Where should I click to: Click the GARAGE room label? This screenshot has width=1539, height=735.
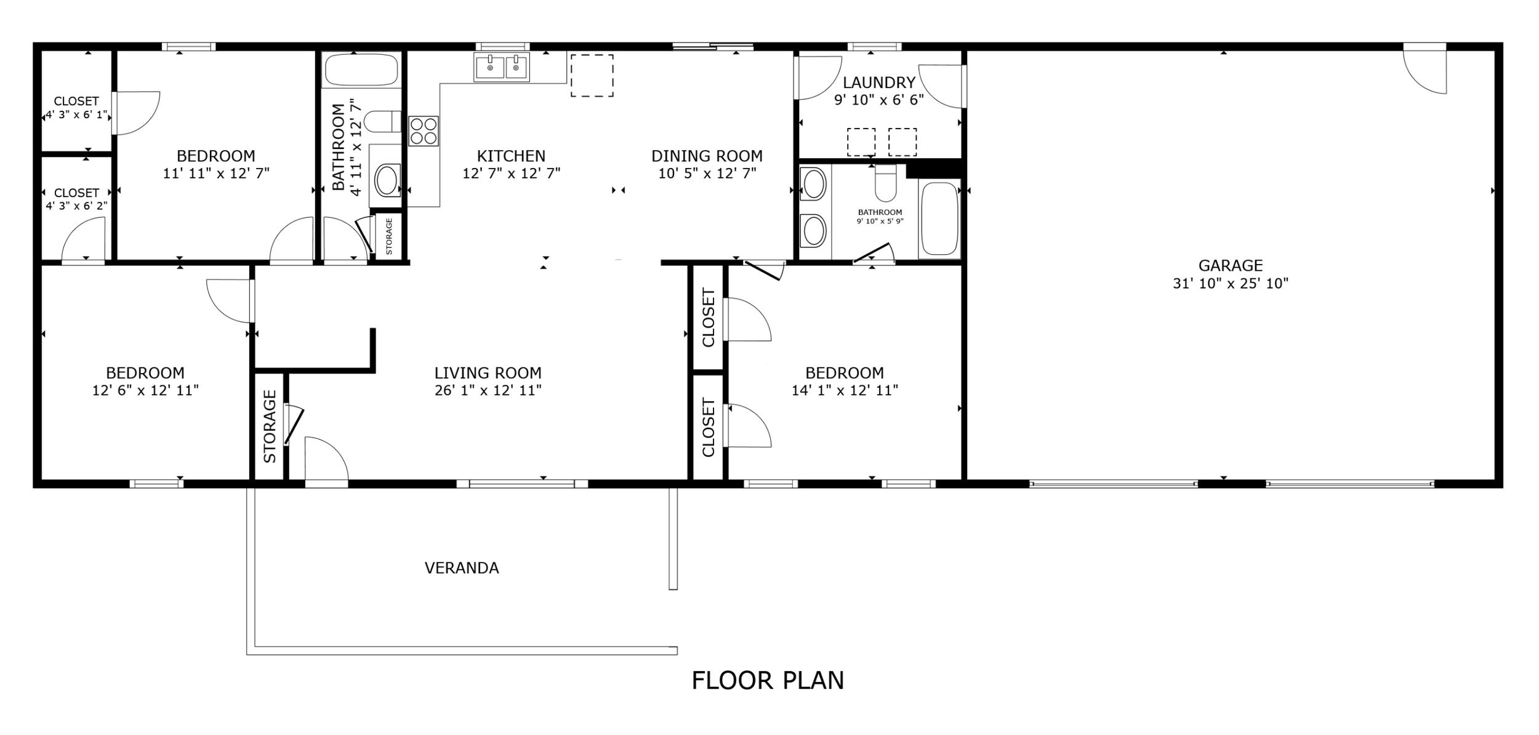(1230, 265)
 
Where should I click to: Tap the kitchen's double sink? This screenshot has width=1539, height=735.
(501, 66)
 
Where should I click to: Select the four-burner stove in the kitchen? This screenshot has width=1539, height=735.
(424, 131)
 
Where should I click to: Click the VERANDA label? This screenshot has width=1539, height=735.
(462, 568)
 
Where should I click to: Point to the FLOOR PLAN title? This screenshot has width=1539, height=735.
(768, 681)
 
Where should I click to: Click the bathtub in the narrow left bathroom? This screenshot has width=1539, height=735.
(361, 70)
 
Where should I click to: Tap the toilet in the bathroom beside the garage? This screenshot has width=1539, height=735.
(885, 183)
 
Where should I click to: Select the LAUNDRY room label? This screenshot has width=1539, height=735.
(878, 82)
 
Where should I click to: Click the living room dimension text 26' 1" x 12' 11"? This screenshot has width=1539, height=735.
(488, 390)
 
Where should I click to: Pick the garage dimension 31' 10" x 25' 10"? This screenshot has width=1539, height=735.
(1230, 284)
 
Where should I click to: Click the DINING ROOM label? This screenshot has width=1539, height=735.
(707, 156)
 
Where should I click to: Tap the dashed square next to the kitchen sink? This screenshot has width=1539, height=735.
(592, 76)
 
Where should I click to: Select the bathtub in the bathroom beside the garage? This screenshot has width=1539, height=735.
(939, 219)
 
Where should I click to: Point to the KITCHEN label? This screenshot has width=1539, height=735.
(511, 156)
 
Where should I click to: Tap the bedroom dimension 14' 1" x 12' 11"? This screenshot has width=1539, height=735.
(845, 390)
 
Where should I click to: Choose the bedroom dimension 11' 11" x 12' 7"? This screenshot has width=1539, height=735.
(216, 174)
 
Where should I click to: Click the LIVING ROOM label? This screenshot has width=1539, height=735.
(488, 373)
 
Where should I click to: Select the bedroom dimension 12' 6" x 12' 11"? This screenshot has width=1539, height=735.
(145, 390)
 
